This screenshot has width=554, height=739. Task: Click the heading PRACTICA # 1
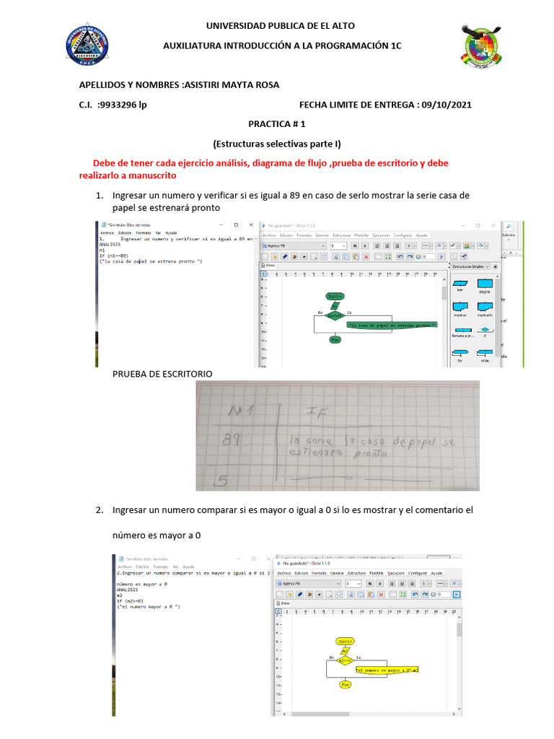(x=276, y=124)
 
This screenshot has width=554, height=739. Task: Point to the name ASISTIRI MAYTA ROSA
(x=232, y=85)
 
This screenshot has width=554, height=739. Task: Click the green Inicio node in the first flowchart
(x=335, y=296)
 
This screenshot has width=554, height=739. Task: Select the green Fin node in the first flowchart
(x=335, y=339)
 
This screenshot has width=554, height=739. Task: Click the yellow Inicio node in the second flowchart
(x=346, y=641)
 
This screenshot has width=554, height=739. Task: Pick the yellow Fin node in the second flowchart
(x=345, y=683)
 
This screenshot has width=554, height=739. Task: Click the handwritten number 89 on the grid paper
(x=232, y=440)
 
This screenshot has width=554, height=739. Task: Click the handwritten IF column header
(x=318, y=412)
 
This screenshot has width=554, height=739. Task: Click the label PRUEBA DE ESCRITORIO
(x=162, y=374)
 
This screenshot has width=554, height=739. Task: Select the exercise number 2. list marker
(x=100, y=510)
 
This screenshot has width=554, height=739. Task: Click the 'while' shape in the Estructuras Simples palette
(x=485, y=354)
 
